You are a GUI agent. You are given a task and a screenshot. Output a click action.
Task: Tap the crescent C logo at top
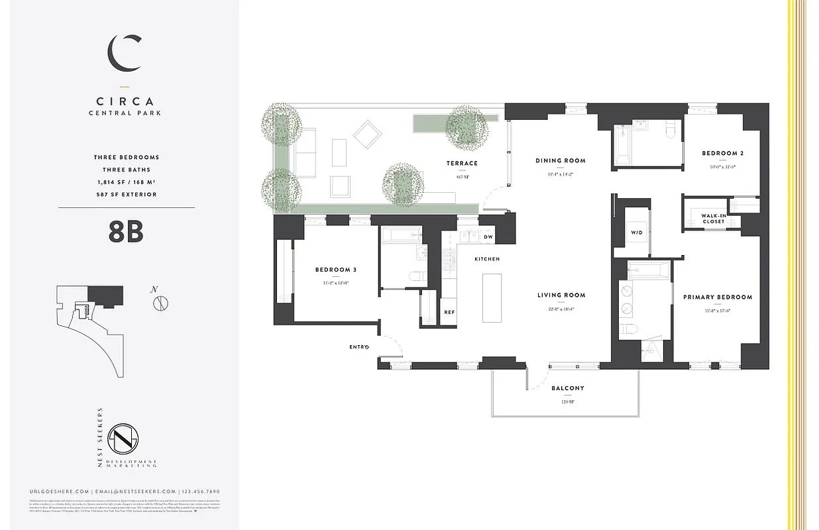(x=125, y=54)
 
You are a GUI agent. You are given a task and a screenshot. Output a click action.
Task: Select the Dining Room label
(x=561, y=160)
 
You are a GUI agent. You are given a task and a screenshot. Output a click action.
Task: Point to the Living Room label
(x=561, y=295)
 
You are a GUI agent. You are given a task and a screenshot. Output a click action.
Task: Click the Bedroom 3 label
(x=335, y=270)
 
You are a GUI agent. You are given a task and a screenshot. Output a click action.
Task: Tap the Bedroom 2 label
(x=722, y=154)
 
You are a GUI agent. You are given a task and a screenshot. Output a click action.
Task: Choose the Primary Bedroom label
(x=718, y=297)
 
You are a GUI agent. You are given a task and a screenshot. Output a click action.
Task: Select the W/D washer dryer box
(x=635, y=233)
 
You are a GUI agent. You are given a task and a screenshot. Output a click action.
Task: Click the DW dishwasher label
(x=488, y=237)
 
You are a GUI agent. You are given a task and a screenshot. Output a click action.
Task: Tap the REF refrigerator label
(x=449, y=312)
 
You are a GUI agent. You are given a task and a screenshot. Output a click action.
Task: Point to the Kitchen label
(x=486, y=259)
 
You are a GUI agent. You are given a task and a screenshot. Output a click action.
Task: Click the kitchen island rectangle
(x=492, y=297)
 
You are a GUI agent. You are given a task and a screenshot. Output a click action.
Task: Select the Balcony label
(x=568, y=388)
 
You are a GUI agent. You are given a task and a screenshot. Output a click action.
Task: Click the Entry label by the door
(x=358, y=346)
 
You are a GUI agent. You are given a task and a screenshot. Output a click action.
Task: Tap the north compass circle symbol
(x=160, y=303)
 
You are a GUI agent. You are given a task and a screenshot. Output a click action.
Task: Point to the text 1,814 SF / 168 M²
(x=126, y=182)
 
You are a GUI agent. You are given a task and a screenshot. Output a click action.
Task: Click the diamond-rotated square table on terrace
(x=366, y=134)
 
